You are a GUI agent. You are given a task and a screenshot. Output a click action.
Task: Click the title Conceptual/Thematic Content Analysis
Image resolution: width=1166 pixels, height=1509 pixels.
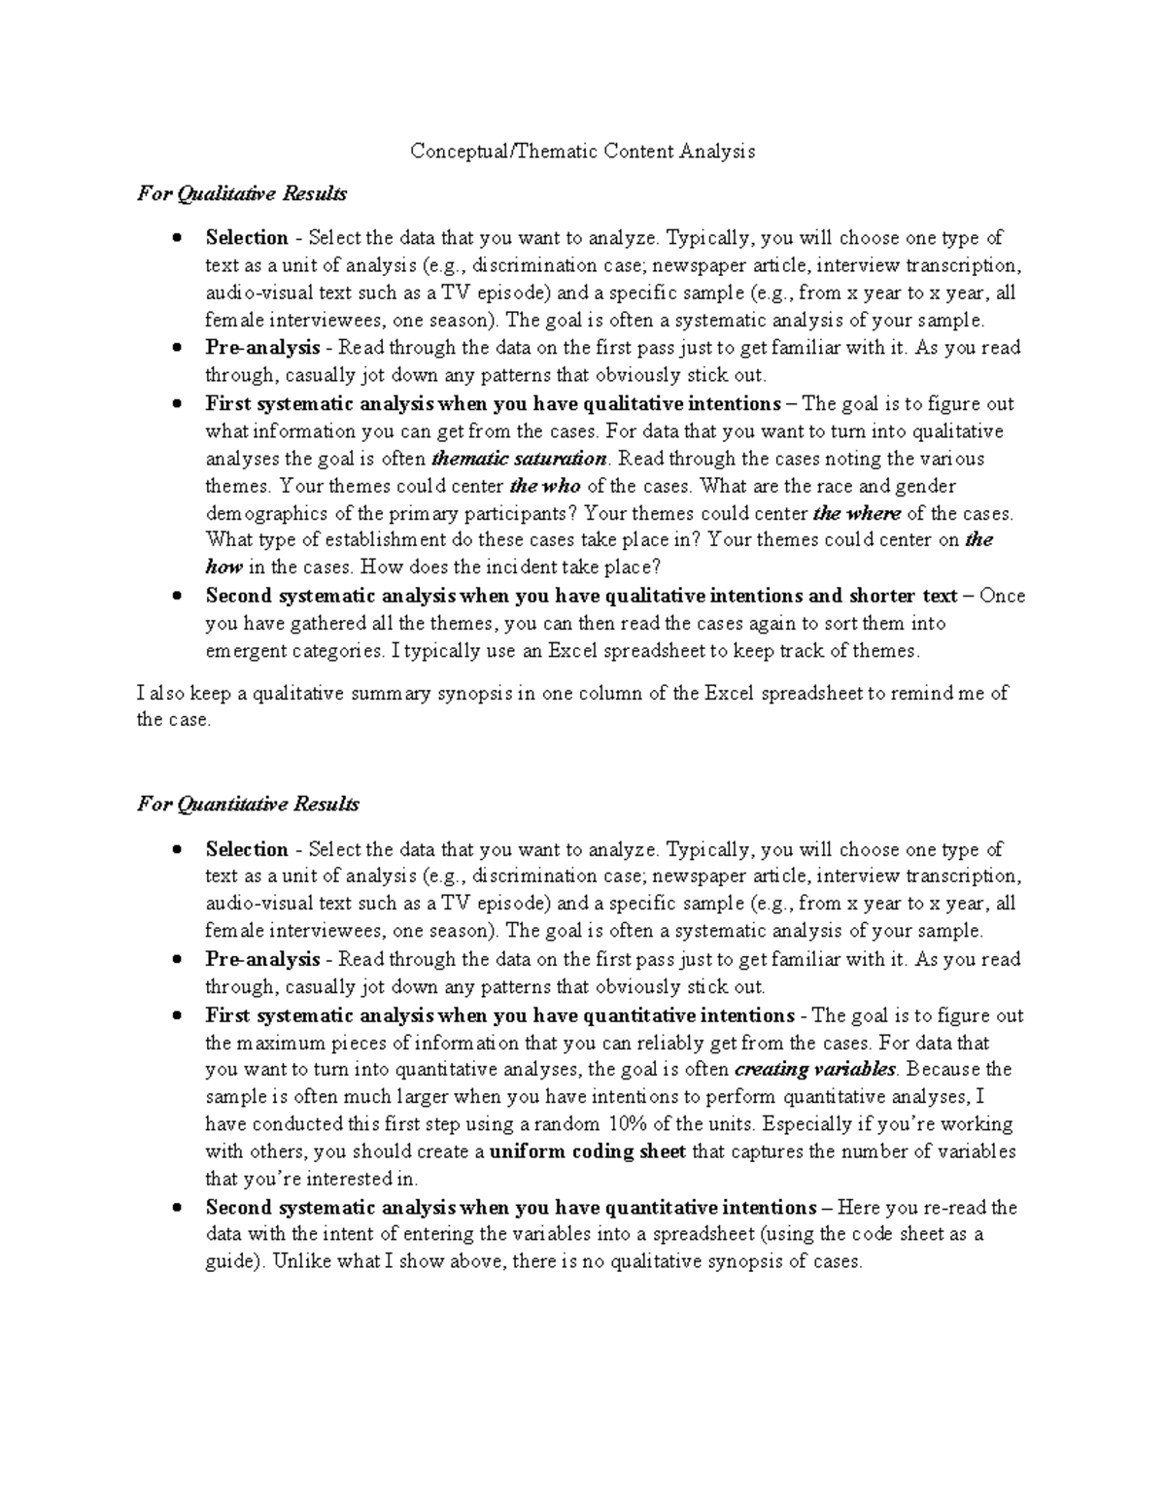(x=582, y=152)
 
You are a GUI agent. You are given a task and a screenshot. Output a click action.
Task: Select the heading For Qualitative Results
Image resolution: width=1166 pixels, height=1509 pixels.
(x=241, y=194)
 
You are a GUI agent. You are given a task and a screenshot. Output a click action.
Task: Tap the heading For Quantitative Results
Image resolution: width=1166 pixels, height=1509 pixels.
(x=248, y=805)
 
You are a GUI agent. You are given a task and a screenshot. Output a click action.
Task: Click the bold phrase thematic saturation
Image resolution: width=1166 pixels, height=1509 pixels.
(x=519, y=459)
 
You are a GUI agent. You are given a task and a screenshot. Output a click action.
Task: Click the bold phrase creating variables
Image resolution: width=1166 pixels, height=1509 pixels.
(x=815, y=1070)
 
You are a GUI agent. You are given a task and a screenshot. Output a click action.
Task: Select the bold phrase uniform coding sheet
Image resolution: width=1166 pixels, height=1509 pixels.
(x=588, y=1152)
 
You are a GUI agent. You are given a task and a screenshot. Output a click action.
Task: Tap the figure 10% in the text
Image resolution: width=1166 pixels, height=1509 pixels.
(x=628, y=1125)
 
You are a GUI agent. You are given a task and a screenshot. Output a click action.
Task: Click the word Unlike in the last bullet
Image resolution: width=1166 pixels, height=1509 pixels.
(x=301, y=1262)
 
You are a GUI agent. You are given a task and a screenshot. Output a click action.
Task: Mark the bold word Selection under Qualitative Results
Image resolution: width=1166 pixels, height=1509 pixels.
(x=247, y=238)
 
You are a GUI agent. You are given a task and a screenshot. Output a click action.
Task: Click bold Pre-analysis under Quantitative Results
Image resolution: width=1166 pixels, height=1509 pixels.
(x=262, y=960)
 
